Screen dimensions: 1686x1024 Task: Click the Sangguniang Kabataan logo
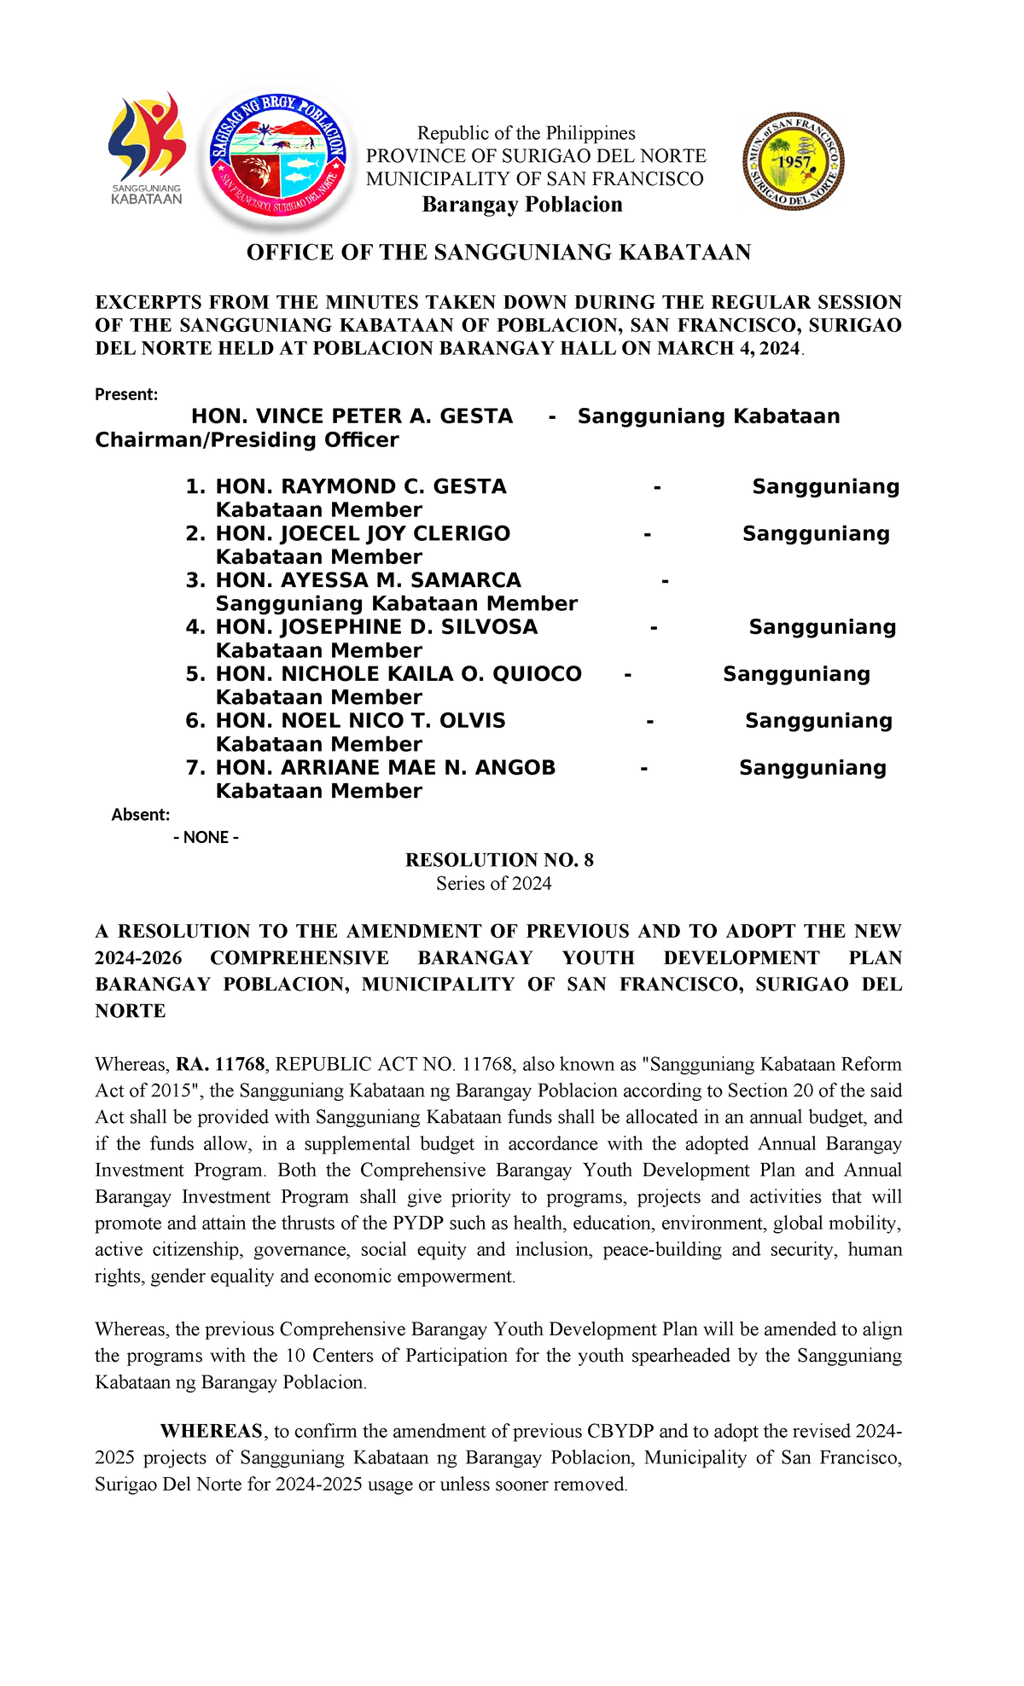(147, 148)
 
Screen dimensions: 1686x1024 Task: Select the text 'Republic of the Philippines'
(526, 133)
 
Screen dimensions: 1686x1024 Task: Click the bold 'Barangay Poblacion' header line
(522, 205)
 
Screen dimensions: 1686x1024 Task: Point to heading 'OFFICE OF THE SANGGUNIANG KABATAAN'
(498, 253)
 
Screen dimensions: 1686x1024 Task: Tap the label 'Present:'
(126, 394)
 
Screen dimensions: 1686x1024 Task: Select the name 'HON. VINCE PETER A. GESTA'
(352, 416)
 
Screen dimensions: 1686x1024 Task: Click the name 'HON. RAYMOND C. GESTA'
(360, 486)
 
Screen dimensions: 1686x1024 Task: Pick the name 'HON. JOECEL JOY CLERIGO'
(362, 533)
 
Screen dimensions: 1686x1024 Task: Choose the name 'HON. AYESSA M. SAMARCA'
(368, 580)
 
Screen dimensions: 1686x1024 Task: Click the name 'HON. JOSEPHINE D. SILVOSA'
(376, 627)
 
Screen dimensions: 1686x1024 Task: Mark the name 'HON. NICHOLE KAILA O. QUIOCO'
(398, 674)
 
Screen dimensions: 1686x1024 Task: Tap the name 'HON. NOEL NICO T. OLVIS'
(360, 721)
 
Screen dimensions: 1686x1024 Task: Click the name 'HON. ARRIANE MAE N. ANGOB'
(385, 768)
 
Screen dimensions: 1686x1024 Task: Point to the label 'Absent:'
(141, 815)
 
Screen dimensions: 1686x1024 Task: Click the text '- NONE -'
(206, 837)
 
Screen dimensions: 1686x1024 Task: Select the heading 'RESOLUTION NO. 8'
(499, 860)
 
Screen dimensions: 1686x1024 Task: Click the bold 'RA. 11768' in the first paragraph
(221, 1065)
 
